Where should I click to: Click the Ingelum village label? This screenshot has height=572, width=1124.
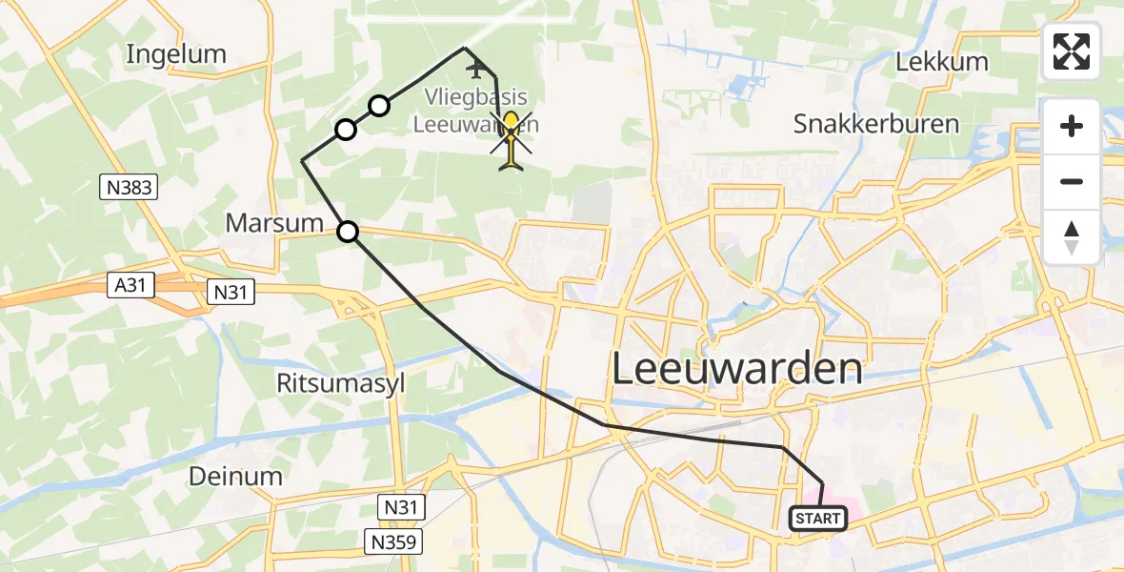click(176, 54)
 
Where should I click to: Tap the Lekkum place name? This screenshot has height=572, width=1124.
click(942, 63)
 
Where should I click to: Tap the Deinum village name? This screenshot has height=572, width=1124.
click(235, 476)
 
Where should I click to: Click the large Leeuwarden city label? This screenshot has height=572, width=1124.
click(736, 368)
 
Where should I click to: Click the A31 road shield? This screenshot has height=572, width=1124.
click(131, 284)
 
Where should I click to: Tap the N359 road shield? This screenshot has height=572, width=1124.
click(393, 542)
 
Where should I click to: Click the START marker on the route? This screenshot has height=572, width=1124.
click(818, 519)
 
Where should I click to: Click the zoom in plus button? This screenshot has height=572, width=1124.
click(1072, 126)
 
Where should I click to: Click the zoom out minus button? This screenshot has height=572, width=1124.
click(1072, 181)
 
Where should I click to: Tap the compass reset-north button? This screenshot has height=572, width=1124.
click(1072, 236)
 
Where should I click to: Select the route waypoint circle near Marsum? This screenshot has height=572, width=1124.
click(349, 231)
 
